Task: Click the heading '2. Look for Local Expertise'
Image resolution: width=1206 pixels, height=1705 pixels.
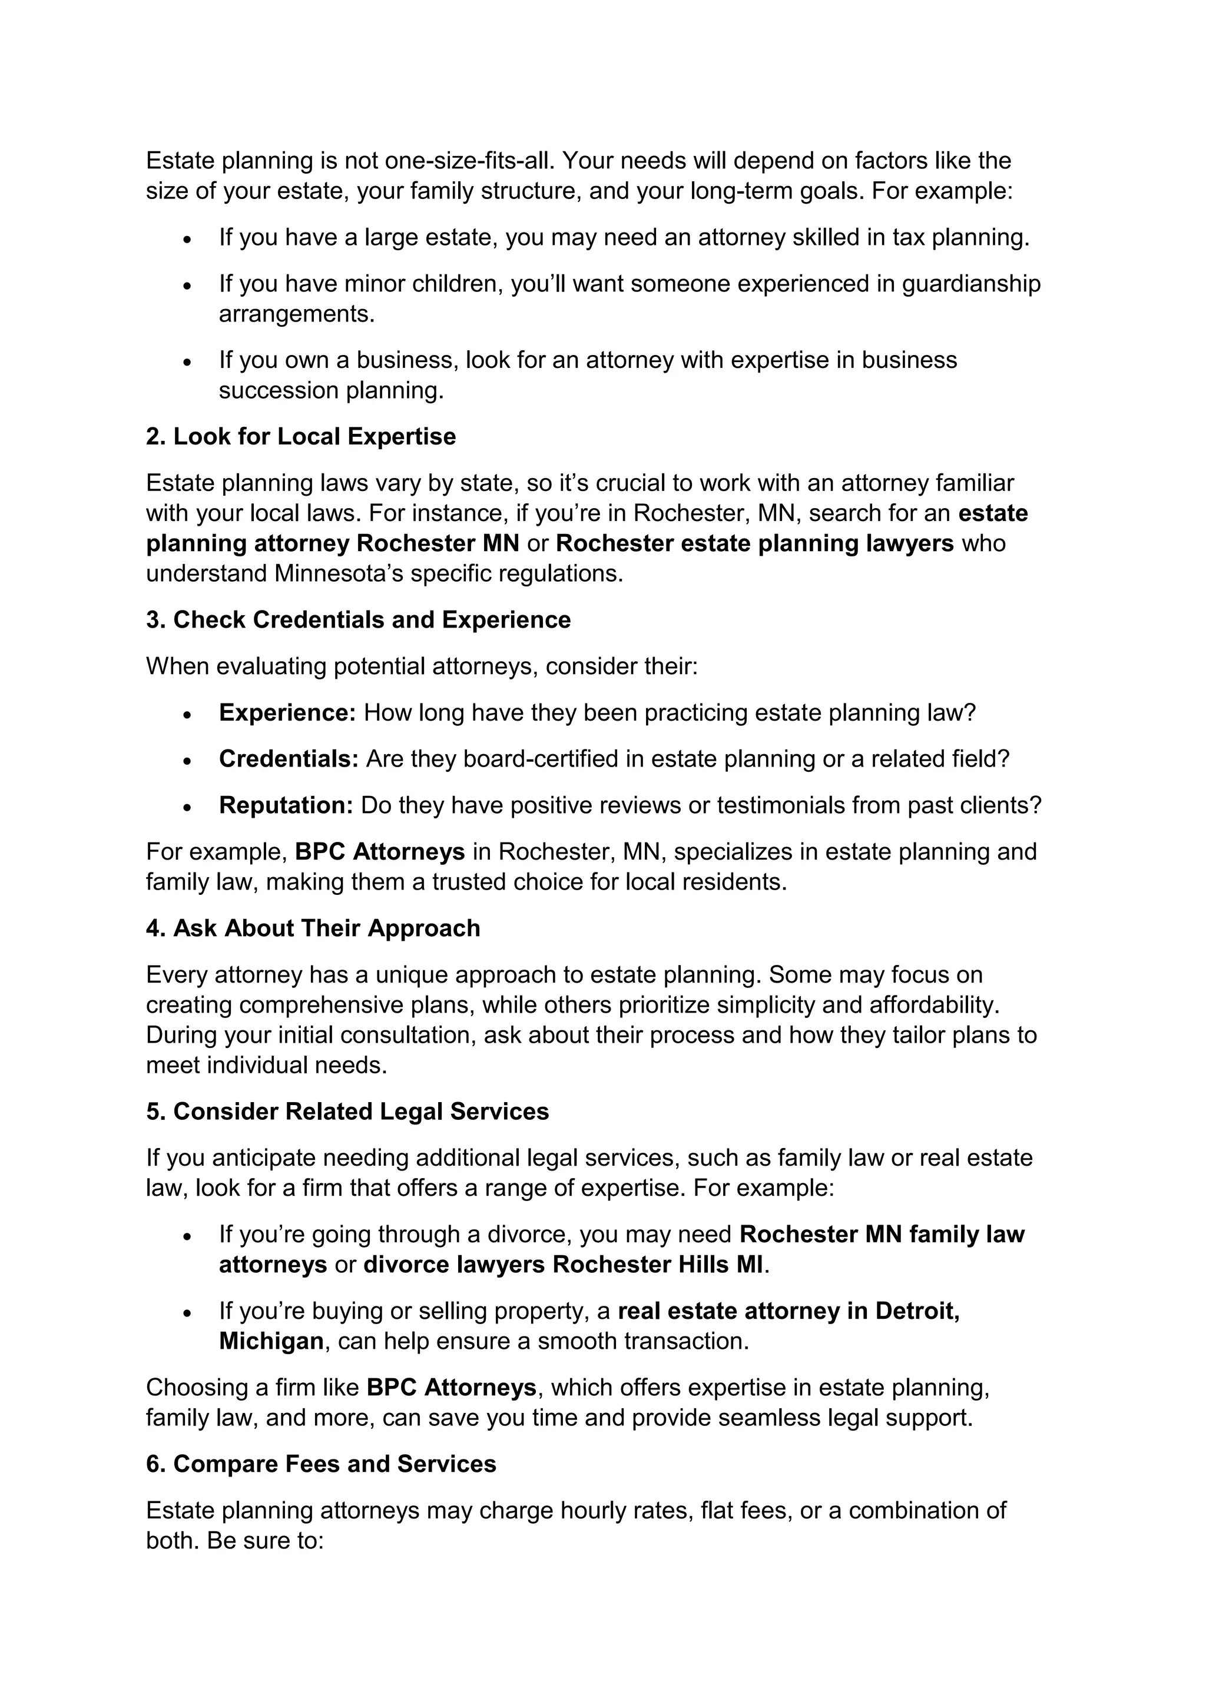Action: tap(301, 437)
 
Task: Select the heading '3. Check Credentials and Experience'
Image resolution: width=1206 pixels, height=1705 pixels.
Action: tap(358, 620)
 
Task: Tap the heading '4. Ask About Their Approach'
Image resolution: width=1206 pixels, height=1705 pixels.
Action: tap(313, 928)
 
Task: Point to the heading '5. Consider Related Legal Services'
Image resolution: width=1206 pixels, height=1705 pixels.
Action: tap(347, 1112)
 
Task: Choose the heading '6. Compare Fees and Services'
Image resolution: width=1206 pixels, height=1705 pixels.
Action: tap(321, 1464)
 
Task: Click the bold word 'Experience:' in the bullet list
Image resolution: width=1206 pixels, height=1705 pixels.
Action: tap(287, 713)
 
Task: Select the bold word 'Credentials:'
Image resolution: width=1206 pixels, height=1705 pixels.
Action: tap(289, 759)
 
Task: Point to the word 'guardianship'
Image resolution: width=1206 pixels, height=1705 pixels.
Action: tap(971, 284)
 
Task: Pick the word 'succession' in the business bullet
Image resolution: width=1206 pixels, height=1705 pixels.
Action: tap(279, 390)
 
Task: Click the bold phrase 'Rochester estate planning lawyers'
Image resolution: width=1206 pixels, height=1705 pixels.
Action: tap(754, 543)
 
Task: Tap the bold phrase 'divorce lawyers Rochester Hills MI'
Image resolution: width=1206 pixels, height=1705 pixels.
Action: tap(563, 1265)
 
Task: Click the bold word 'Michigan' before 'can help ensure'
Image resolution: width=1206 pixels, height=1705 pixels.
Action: tap(271, 1341)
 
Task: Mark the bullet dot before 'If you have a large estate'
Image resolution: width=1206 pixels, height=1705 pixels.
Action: tap(188, 240)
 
